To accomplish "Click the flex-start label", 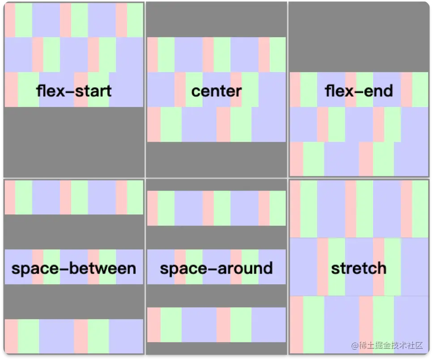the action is [x=74, y=91].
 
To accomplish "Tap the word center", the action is [x=216, y=91].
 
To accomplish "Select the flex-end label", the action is [x=359, y=91].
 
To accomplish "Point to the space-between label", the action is [x=74, y=269].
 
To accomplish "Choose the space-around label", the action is [x=216, y=269].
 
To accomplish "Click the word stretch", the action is [x=359, y=269].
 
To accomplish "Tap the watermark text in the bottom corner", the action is [x=387, y=346].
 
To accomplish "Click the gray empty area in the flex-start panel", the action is [x=74, y=141].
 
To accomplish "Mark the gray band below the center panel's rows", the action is [x=216, y=159].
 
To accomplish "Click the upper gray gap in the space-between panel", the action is [x=74, y=231].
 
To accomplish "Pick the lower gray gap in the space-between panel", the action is [x=74, y=301].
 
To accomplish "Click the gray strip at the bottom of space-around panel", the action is [x=216, y=348].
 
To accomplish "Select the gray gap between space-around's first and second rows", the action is [x=216, y=237].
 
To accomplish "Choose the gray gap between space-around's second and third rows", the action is [x=216, y=296].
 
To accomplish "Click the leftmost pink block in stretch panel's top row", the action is [x=295, y=209].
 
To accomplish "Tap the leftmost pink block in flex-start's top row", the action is [x=10, y=20].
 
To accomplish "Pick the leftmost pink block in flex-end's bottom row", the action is [x=296, y=159].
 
